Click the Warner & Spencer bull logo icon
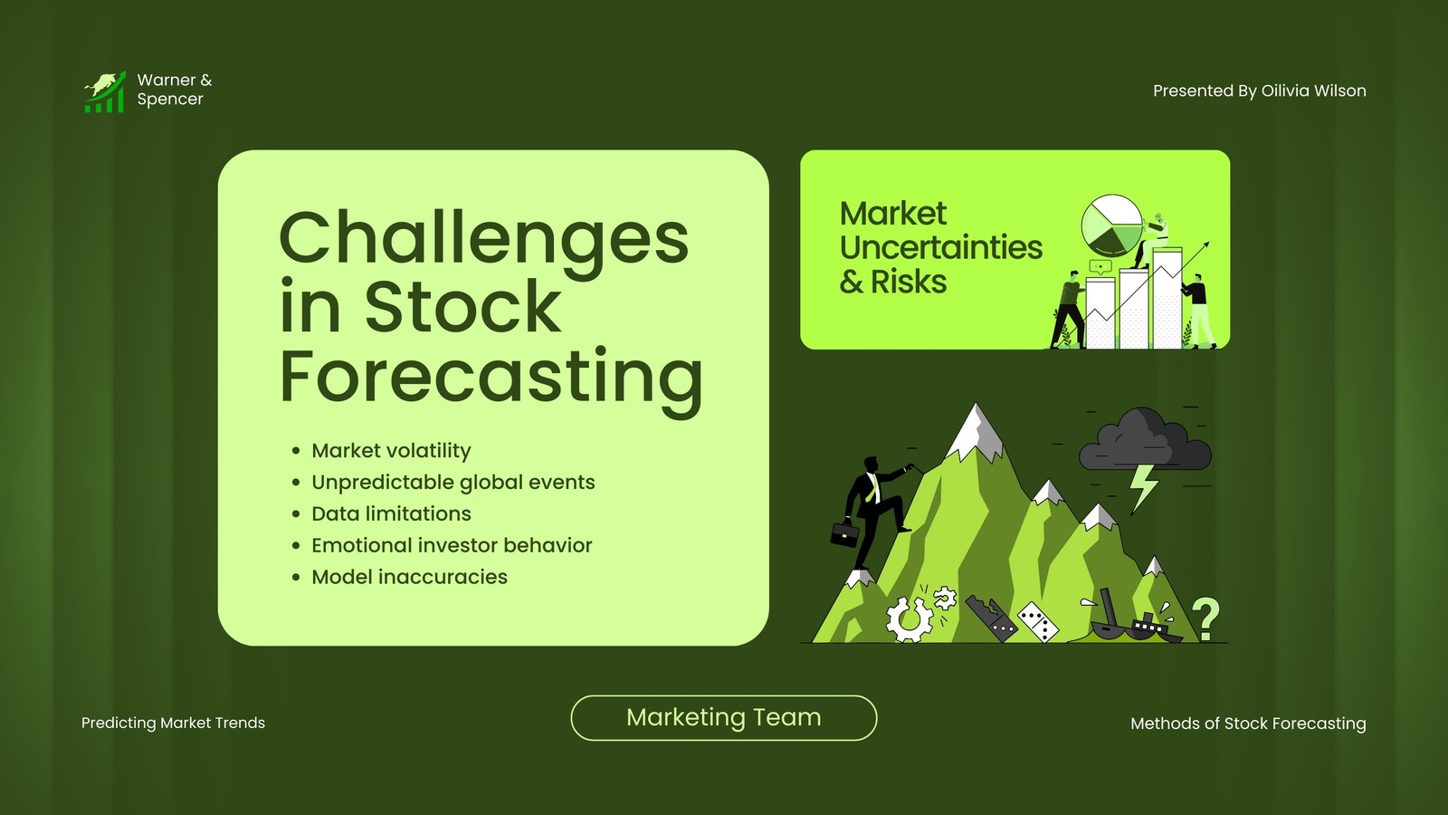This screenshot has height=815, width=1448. [x=105, y=91]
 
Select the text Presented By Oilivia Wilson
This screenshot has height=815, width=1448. [x=1259, y=91]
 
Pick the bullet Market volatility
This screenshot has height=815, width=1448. [x=391, y=451]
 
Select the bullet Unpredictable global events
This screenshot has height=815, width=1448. [x=453, y=483]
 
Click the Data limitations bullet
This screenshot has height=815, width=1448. [x=391, y=514]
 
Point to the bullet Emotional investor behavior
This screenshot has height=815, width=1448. [x=452, y=546]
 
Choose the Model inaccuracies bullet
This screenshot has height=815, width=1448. [x=409, y=577]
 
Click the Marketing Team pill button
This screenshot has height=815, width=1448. [x=723, y=718]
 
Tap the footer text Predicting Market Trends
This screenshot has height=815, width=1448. [x=173, y=724]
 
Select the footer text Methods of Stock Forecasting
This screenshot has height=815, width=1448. [x=1248, y=724]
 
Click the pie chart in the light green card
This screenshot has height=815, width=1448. [x=1111, y=225]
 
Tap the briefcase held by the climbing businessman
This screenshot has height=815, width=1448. [x=845, y=533]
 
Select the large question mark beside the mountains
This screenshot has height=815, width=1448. [x=1205, y=618]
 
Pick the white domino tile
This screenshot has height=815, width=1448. [x=1038, y=621]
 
